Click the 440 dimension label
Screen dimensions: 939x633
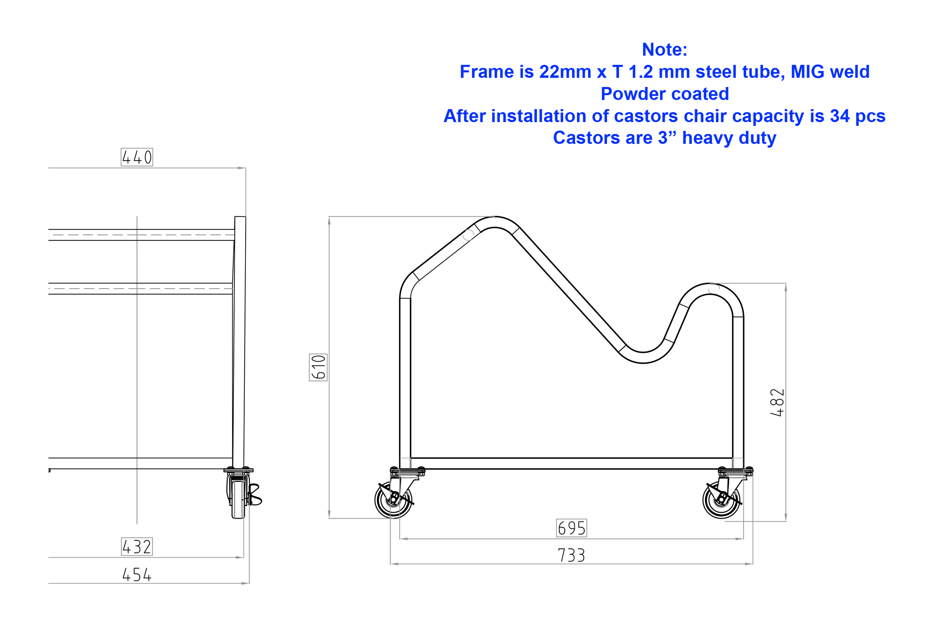point(137,157)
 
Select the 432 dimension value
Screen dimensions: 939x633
point(137,546)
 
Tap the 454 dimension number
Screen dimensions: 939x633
point(137,574)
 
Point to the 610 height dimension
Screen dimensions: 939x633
point(318,367)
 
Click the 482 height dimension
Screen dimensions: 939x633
point(777,403)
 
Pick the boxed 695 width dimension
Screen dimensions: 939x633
point(571,528)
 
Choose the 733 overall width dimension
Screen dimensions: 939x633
point(571,555)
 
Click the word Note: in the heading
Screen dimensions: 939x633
point(664,50)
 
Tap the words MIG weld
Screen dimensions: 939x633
point(830,72)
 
